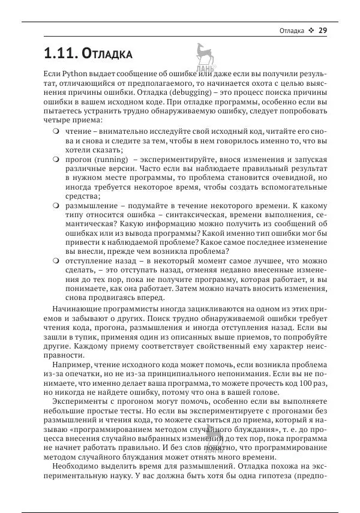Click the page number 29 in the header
pyautogui.click(x=322, y=31)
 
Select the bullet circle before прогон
pyautogui.click(x=56, y=160)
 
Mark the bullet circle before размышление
pyautogui.click(x=56, y=205)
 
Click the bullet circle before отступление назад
pyautogui.click(x=56, y=261)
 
